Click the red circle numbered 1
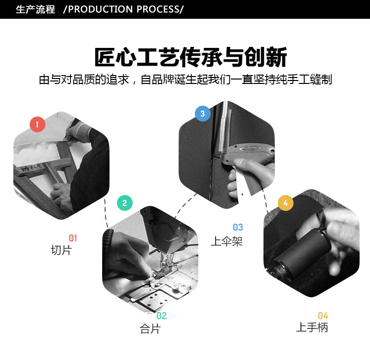[x=37, y=124]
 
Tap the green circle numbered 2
[x=124, y=203]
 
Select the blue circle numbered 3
[x=202, y=114]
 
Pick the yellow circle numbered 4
[x=286, y=203]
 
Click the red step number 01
[x=73, y=238]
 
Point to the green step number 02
[x=161, y=316]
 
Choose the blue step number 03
[x=238, y=228]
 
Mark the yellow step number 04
[x=323, y=316]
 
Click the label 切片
[x=61, y=250]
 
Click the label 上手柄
[x=312, y=327]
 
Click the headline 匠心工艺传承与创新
[x=190, y=57]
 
